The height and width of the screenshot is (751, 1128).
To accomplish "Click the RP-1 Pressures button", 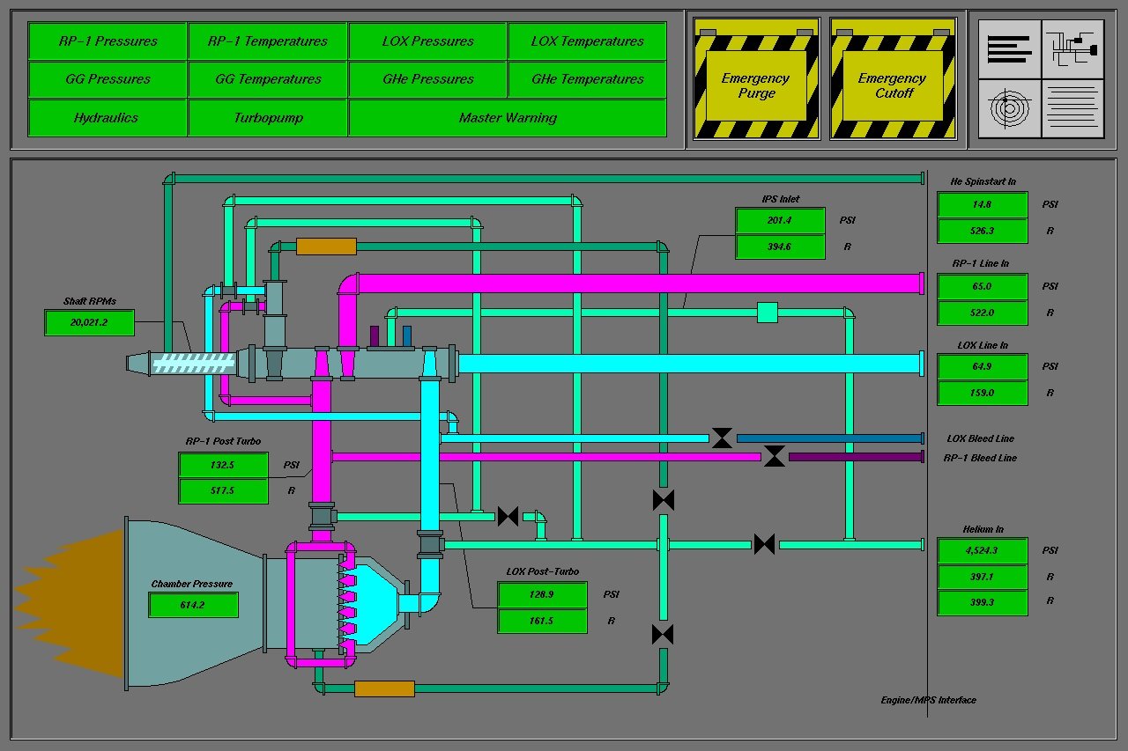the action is [x=108, y=40].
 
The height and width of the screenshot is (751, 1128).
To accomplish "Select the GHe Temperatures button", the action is [x=587, y=79].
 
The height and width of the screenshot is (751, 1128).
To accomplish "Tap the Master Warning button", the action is [x=508, y=118].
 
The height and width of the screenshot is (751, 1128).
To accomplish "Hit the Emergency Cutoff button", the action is [x=893, y=79].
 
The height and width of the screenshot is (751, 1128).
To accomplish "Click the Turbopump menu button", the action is [x=268, y=118].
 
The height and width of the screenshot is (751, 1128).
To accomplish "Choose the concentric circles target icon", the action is [x=1009, y=108].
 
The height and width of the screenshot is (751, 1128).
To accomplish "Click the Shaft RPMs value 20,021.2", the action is [x=89, y=322].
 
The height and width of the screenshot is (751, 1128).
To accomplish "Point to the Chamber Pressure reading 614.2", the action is [x=193, y=605].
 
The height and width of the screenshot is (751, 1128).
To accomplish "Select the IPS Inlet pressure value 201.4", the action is [x=780, y=220].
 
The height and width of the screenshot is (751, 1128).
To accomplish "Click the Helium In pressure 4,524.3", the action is [x=982, y=551].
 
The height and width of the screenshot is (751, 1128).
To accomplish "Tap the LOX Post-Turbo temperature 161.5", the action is [x=542, y=621].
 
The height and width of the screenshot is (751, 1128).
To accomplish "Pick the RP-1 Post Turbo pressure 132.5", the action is [x=223, y=465].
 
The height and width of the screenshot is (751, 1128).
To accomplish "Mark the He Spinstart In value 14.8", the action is [x=982, y=205].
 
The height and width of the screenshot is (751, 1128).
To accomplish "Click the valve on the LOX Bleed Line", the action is [x=722, y=438].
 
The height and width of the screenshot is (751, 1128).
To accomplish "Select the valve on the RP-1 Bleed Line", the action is [x=774, y=456].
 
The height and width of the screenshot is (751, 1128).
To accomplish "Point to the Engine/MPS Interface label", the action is [x=928, y=700].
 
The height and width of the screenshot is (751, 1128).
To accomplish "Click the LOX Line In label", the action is [x=983, y=345].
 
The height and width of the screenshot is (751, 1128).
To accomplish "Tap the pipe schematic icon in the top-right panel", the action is [x=1072, y=49].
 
